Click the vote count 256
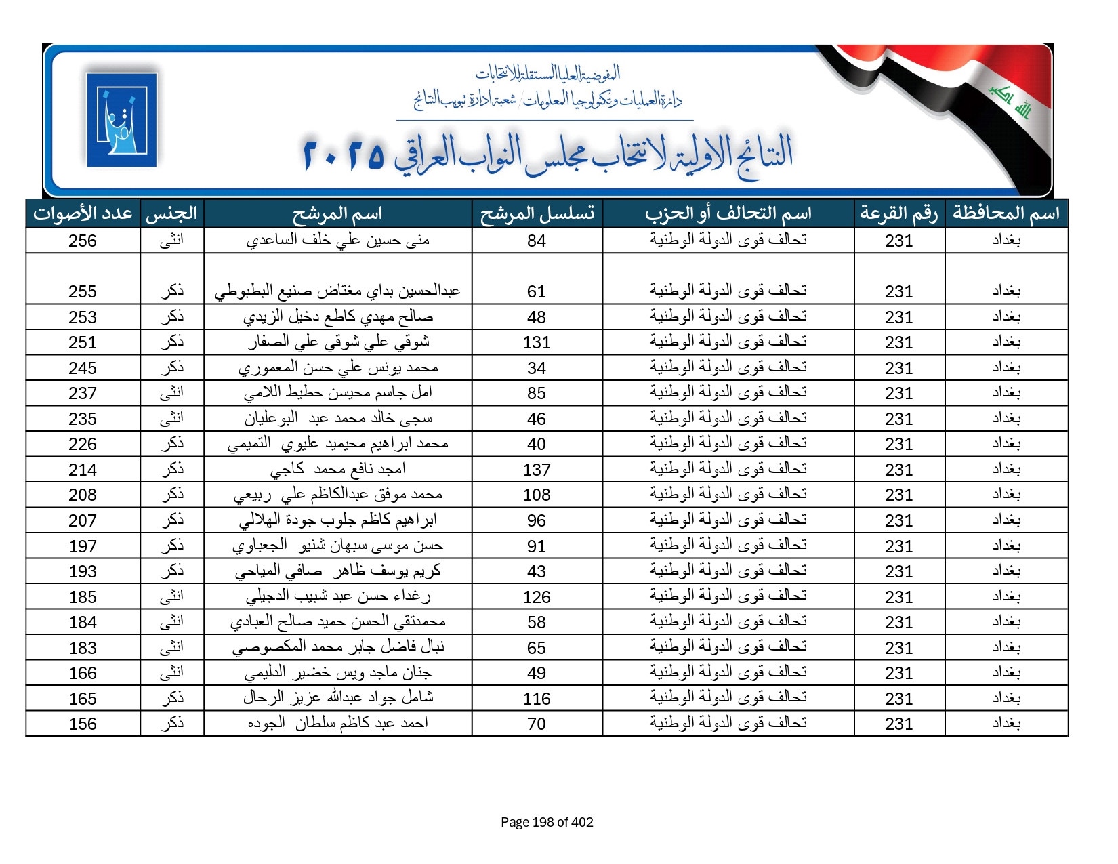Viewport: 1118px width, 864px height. click(83, 241)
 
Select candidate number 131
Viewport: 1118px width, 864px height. click(537, 343)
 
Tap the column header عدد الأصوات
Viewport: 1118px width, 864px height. click(83, 214)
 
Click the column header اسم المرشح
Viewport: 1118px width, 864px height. click(337, 214)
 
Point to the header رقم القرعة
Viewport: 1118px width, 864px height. click(898, 214)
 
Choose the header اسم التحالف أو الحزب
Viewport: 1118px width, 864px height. click(728, 214)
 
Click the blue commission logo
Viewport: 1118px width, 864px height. click(122, 120)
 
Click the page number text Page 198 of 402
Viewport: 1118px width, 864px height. click(547, 823)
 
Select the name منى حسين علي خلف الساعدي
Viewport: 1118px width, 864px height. click(337, 241)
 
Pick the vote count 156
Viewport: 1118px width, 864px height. click(83, 724)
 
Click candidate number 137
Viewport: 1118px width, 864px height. click(537, 470)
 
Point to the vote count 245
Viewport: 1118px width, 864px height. click(83, 369)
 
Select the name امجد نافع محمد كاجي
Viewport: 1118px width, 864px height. click(337, 469)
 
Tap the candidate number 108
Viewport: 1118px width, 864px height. click(537, 495)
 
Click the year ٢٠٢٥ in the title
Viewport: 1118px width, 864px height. click(344, 155)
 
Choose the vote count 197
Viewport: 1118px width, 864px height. click(83, 547)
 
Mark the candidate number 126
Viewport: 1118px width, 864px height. click(537, 598)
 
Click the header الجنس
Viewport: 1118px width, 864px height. click(171, 214)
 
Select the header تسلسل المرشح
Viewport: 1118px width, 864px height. click(537, 214)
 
